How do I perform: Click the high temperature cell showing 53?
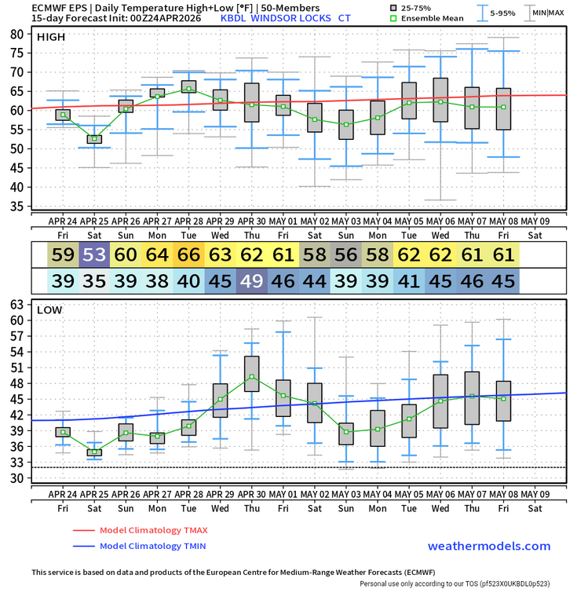(94, 254)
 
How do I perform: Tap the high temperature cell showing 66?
(188, 254)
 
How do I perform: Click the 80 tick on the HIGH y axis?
(16, 34)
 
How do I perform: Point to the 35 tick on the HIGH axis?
(16, 207)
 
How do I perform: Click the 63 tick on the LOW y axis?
(16, 304)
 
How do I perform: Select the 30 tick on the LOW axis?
(16, 478)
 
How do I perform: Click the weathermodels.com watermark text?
(488, 547)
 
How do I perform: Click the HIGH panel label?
(51, 37)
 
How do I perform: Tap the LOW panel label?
(49, 310)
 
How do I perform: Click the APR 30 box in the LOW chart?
(251, 374)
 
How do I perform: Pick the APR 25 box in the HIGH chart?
(94, 139)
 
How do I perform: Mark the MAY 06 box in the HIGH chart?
(440, 100)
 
